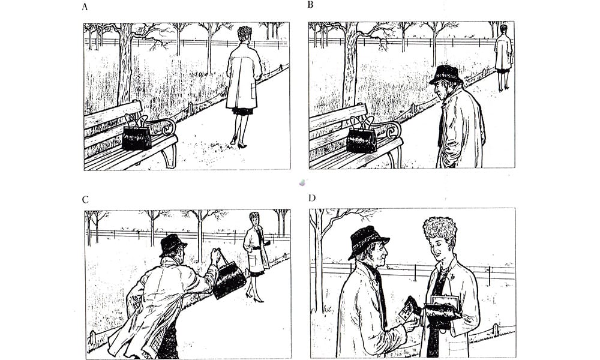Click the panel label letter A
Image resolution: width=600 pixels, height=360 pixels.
85,7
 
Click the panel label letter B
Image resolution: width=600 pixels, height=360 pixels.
310,5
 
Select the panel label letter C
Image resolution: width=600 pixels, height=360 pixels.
85,199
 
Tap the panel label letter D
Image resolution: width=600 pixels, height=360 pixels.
312,197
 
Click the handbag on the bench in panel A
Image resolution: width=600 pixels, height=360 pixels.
137,134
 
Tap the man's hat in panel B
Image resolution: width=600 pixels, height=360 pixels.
446,74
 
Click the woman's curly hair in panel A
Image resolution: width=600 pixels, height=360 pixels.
245,33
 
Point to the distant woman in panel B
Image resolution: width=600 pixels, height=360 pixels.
503,58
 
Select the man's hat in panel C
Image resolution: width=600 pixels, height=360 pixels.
172,245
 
